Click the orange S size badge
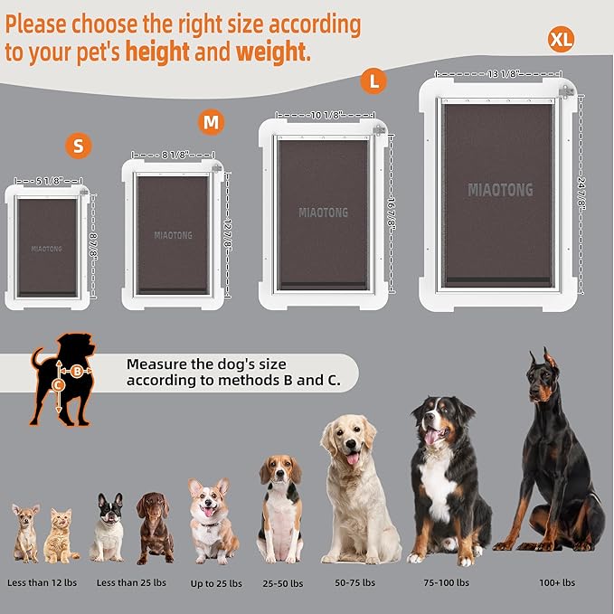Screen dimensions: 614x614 pyautogui.click(x=79, y=145)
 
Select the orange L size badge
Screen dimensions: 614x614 pyautogui.click(x=373, y=80)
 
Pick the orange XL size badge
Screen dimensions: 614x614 pyautogui.click(x=561, y=39)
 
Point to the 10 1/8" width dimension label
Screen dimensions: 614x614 pyautogui.click(x=325, y=115)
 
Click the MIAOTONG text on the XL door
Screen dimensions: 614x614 pyautogui.click(x=500, y=190)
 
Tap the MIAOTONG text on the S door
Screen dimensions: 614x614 pyautogui.click(x=47, y=248)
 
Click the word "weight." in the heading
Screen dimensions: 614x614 pyautogui.click(x=273, y=52)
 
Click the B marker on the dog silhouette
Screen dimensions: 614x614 pyautogui.click(x=77, y=370)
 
